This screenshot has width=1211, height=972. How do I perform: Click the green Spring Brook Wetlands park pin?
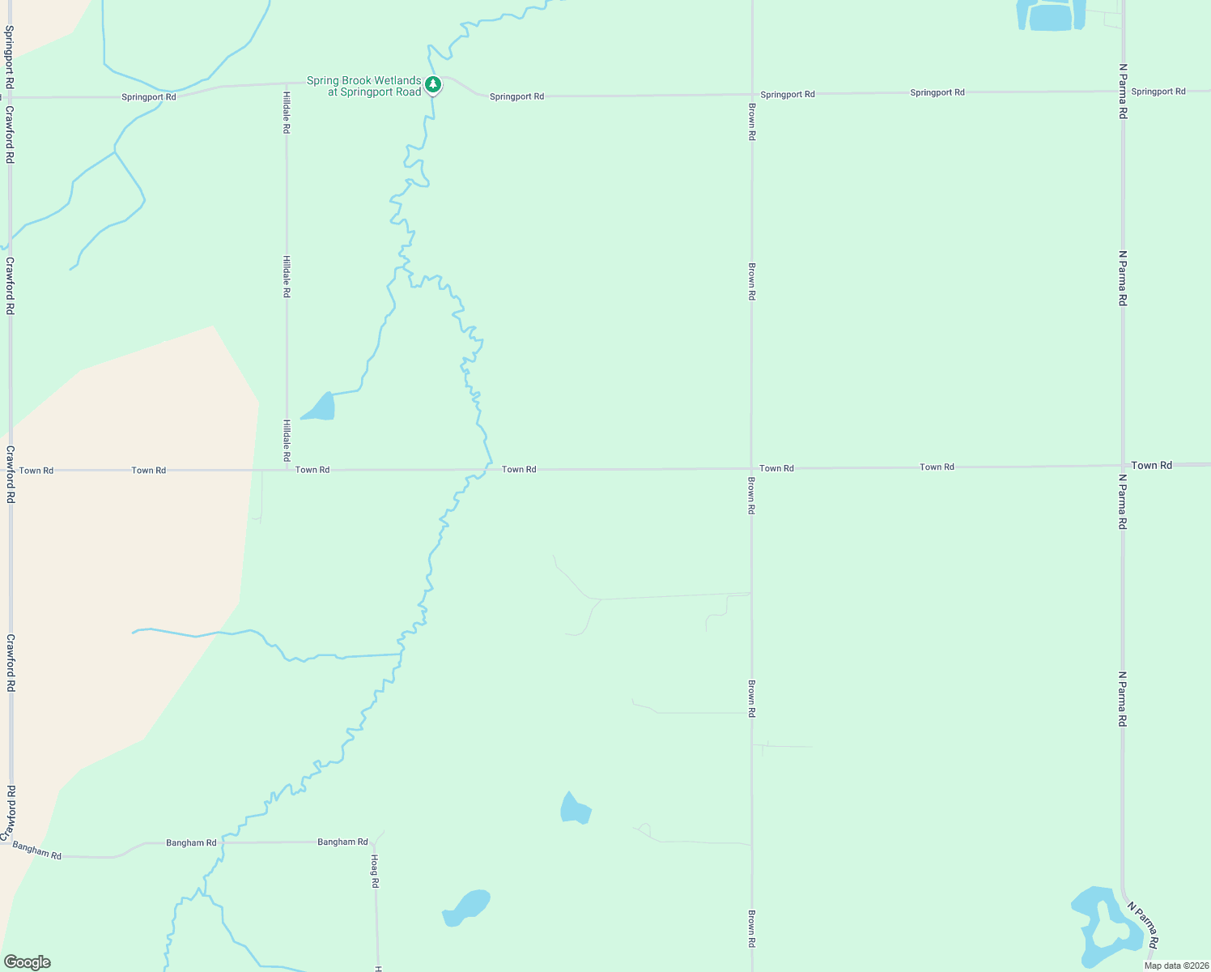(x=433, y=84)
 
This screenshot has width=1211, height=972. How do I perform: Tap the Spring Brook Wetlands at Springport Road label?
(x=363, y=86)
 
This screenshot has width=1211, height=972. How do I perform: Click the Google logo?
(x=28, y=962)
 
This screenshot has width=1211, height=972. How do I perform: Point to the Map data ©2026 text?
(x=1176, y=966)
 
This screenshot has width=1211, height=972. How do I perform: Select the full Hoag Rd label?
(x=375, y=871)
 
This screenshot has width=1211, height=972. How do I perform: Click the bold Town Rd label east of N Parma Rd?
(x=1151, y=465)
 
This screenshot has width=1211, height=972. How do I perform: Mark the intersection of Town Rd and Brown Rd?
(x=751, y=468)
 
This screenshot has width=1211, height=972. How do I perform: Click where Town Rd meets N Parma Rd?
(x=1123, y=466)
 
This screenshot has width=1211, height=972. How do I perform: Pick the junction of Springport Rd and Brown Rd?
(x=752, y=95)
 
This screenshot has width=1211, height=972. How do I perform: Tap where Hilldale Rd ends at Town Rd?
(x=287, y=470)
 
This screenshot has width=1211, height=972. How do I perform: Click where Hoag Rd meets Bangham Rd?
(x=376, y=842)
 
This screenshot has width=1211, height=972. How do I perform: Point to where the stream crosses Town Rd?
(x=486, y=469)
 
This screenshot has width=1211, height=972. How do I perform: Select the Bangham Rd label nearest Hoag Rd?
(x=342, y=842)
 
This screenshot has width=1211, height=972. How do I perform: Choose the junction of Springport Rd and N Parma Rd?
(x=1123, y=92)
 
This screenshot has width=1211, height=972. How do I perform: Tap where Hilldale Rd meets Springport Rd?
(x=287, y=83)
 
